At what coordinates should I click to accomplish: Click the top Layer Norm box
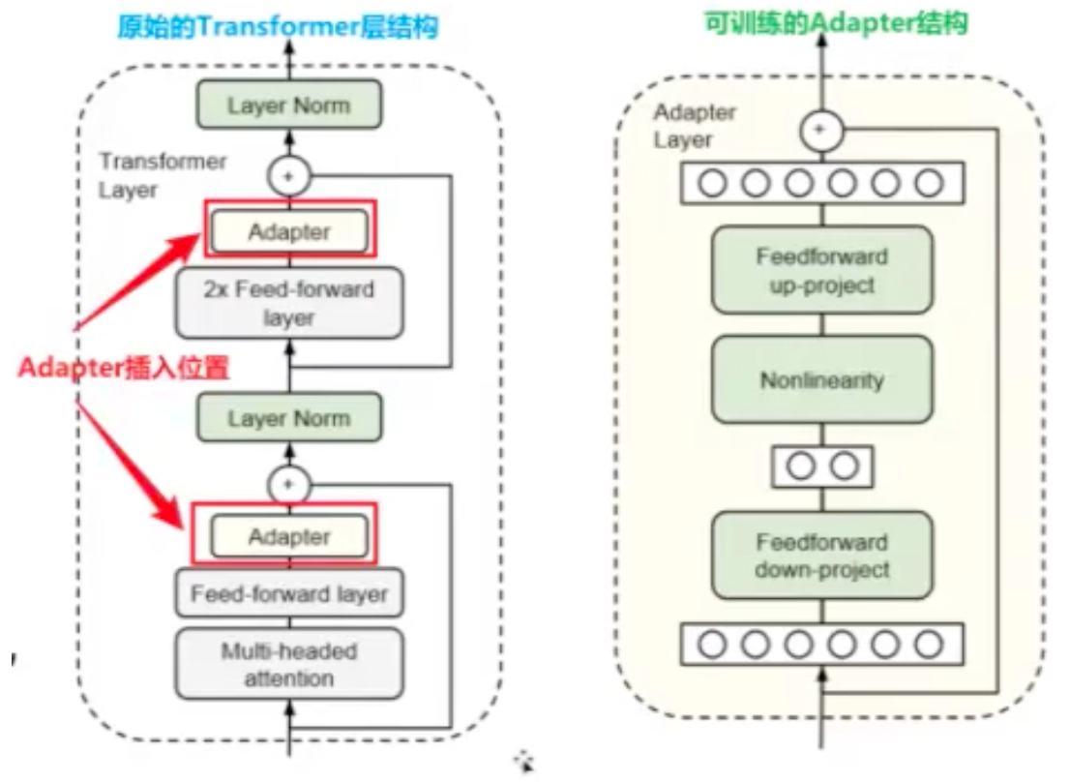click(288, 105)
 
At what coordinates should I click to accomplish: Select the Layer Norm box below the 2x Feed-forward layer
click(288, 418)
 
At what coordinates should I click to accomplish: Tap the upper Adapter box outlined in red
click(288, 231)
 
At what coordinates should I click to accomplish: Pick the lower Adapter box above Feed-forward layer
click(288, 536)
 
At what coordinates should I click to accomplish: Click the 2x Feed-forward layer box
click(288, 303)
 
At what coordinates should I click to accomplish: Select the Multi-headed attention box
click(288, 664)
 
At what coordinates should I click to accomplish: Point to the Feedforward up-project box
click(821, 271)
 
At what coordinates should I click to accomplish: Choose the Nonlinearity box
click(821, 379)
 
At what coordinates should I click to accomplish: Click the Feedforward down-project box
click(821, 556)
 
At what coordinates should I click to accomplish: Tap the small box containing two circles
click(821, 466)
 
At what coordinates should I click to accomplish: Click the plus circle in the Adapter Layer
click(821, 129)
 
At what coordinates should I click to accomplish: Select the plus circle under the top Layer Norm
click(287, 175)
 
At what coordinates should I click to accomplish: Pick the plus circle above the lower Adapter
click(287, 482)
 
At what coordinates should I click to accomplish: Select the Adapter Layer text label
click(695, 126)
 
